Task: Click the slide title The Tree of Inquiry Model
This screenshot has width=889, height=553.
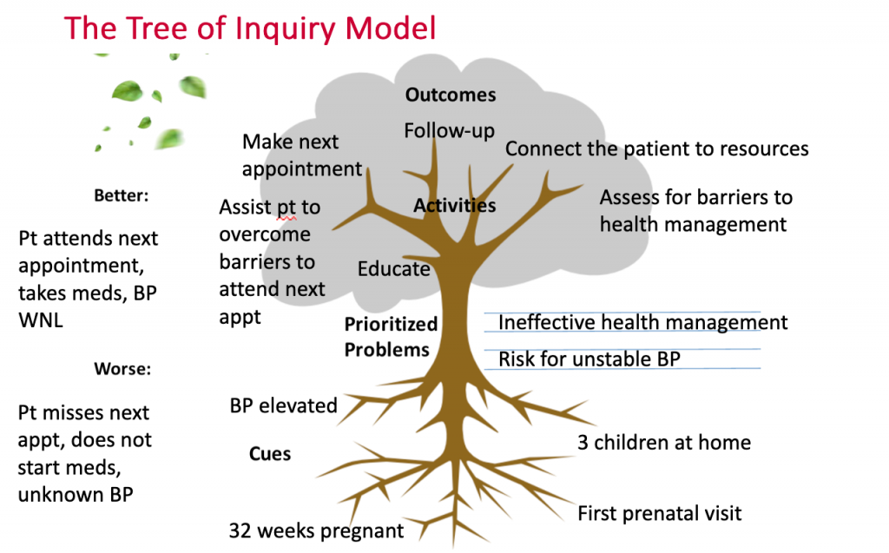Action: click(250, 29)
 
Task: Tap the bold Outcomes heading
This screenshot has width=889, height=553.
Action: click(451, 95)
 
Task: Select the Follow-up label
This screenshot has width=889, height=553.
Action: click(449, 131)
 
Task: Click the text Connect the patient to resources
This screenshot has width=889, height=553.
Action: click(656, 149)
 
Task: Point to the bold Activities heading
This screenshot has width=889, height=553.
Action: click(454, 206)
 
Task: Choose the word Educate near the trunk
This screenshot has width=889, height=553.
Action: click(393, 269)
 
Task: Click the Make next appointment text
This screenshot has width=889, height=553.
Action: click(301, 155)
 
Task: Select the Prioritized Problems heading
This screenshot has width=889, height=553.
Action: click(391, 337)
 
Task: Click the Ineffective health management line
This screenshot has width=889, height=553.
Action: click(642, 323)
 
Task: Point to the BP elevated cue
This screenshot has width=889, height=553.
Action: click(283, 405)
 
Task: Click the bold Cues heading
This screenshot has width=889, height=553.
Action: click(270, 454)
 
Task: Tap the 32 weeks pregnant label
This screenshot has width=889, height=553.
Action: click(316, 530)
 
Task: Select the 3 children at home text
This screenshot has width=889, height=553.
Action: click(664, 443)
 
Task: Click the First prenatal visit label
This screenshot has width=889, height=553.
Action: click(660, 513)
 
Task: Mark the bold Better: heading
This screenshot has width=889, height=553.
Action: click(122, 195)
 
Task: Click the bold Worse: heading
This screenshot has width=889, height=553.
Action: click(123, 369)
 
